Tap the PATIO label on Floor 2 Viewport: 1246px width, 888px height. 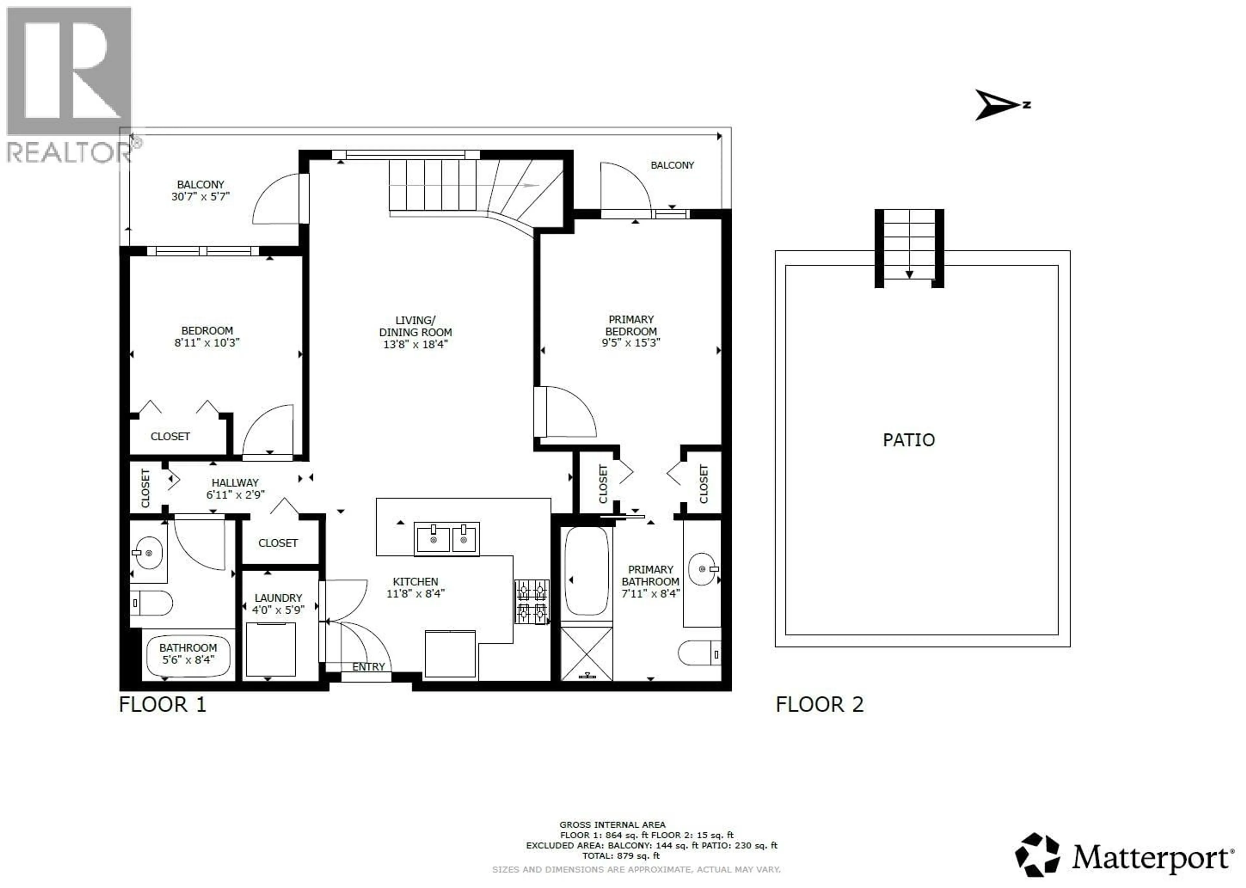909,440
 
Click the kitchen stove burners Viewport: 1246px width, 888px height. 531,602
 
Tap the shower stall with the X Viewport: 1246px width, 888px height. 586,654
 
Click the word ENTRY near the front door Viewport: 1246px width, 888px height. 368,666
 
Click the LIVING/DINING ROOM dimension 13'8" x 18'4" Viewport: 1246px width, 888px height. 415,344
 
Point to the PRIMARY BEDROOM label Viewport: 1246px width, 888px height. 631,325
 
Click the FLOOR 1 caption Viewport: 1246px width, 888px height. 163,704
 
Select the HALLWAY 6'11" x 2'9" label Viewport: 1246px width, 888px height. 235,489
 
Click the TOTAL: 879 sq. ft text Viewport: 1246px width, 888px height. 620,856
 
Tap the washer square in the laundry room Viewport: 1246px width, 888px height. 271,650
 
